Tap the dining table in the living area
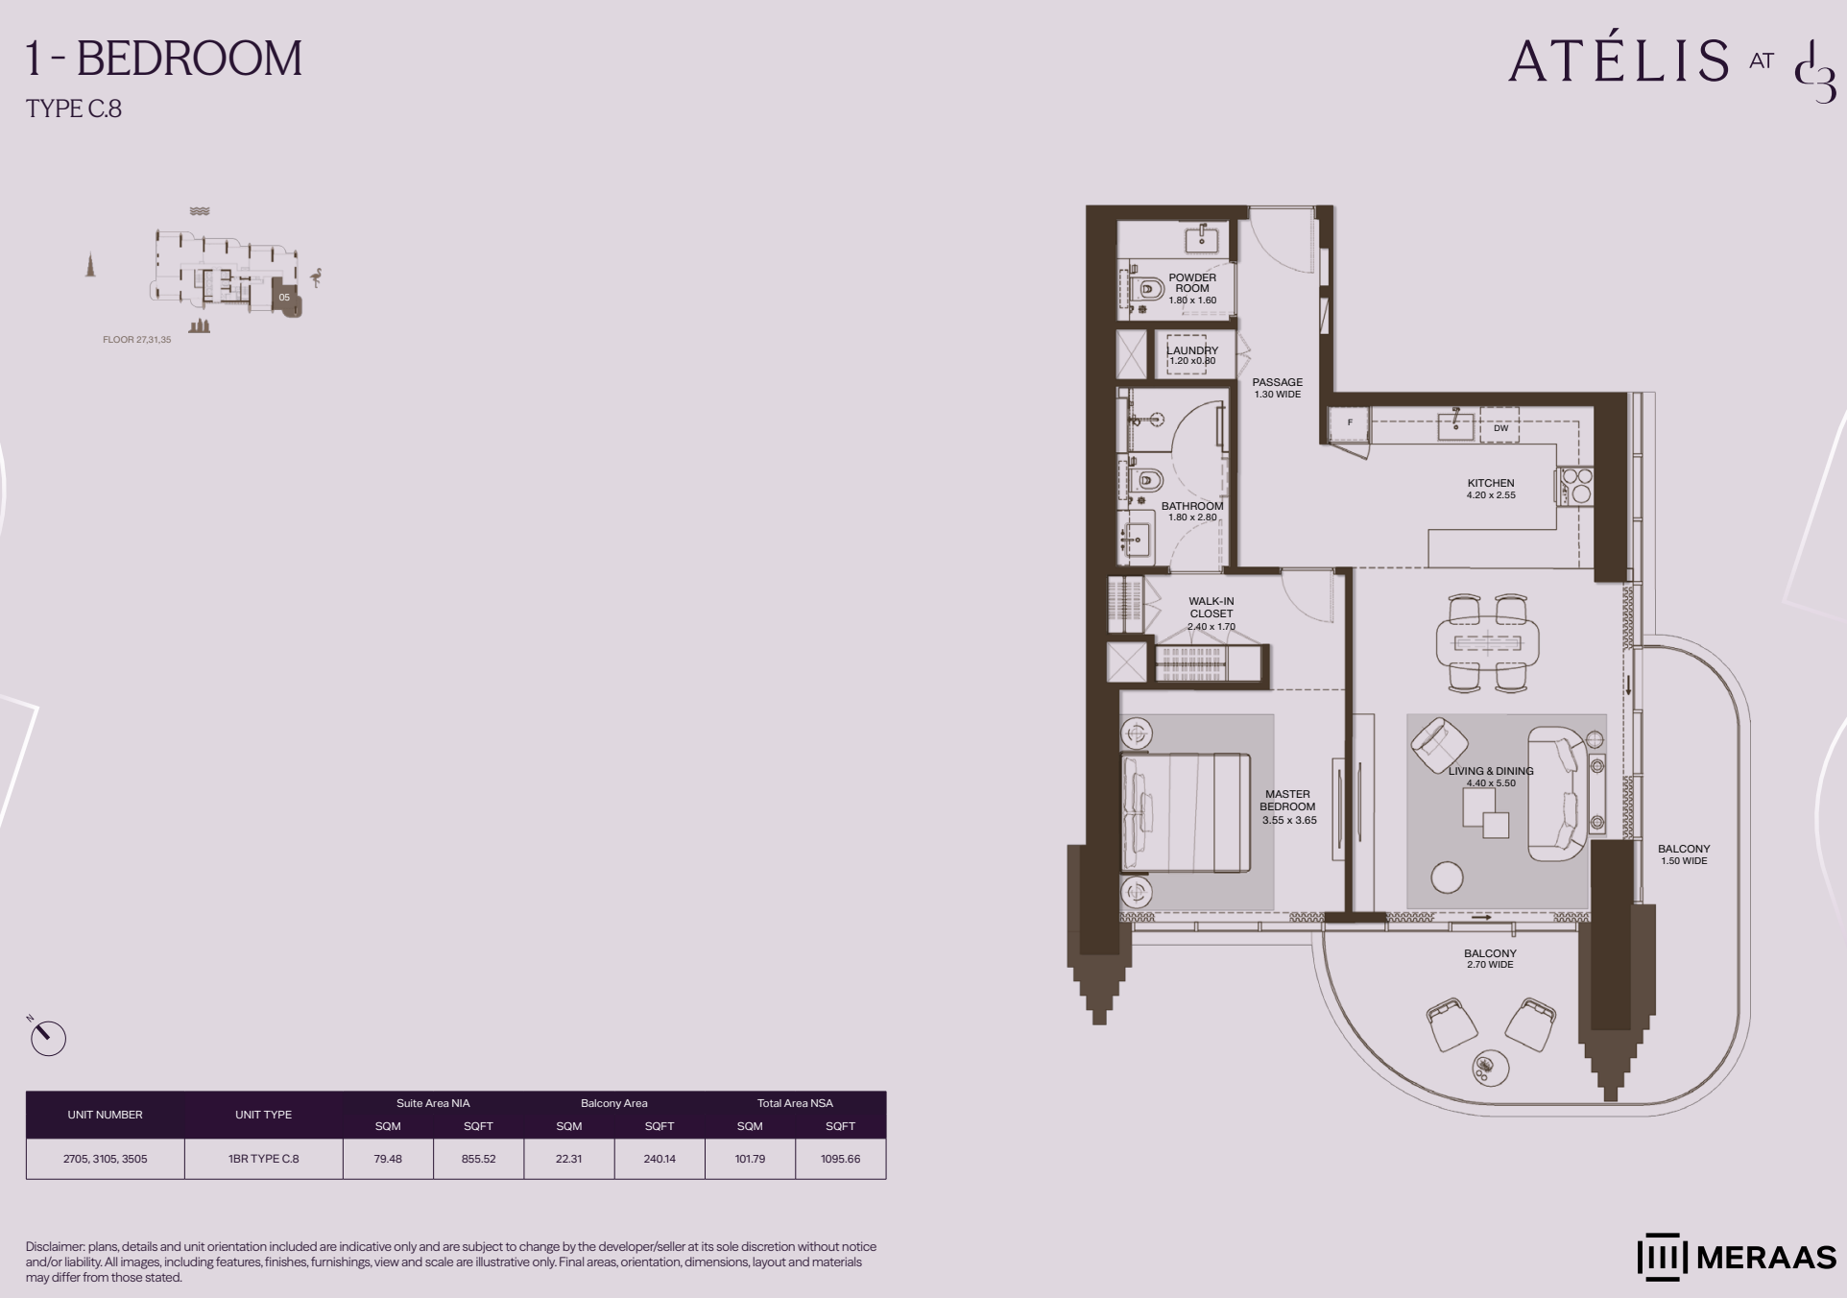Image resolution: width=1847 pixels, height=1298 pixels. [1487, 642]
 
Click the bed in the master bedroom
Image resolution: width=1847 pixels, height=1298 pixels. [1187, 812]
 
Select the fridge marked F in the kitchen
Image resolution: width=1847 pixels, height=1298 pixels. [1350, 422]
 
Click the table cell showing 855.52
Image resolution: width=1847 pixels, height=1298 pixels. [478, 1159]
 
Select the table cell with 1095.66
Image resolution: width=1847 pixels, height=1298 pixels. [840, 1159]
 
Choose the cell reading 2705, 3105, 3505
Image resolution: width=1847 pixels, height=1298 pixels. [106, 1159]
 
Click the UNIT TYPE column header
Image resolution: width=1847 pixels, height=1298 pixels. [263, 1115]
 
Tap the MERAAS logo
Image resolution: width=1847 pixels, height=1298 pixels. [1736, 1257]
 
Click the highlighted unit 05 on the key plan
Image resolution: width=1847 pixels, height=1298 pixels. [285, 298]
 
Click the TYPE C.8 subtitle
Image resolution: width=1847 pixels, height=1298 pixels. [74, 108]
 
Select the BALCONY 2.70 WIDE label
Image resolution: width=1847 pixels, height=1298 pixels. [1490, 959]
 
